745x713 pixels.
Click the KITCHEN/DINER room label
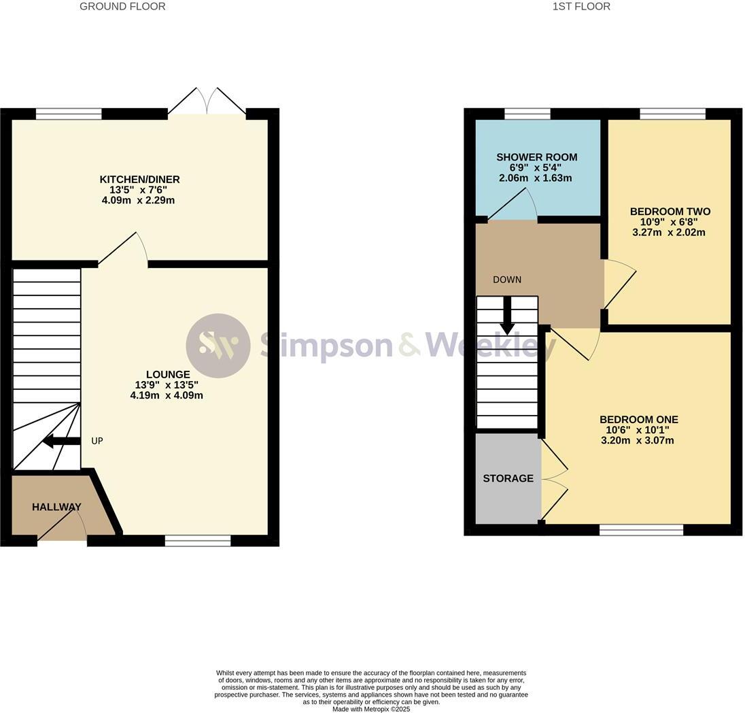point(139,180)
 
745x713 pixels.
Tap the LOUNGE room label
point(168,374)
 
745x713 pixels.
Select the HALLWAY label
point(56,507)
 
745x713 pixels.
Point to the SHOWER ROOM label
point(537,157)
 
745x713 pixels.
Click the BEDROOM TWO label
point(670,212)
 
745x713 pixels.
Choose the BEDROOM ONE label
point(638,420)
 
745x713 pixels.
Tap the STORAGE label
point(508,478)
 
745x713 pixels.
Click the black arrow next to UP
point(61,441)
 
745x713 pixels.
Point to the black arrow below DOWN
point(508,316)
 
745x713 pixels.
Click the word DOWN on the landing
point(507,280)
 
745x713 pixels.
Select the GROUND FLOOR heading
point(122,7)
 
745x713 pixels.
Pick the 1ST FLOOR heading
point(582,7)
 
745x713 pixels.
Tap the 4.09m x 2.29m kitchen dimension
point(138,200)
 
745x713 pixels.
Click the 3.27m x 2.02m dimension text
point(669,233)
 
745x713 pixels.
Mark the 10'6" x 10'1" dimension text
point(637,430)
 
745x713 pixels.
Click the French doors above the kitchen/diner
point(207,101)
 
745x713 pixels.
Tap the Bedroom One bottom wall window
point(642,529)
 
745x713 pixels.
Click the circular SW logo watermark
point(218,346)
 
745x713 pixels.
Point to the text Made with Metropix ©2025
point(371,709)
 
